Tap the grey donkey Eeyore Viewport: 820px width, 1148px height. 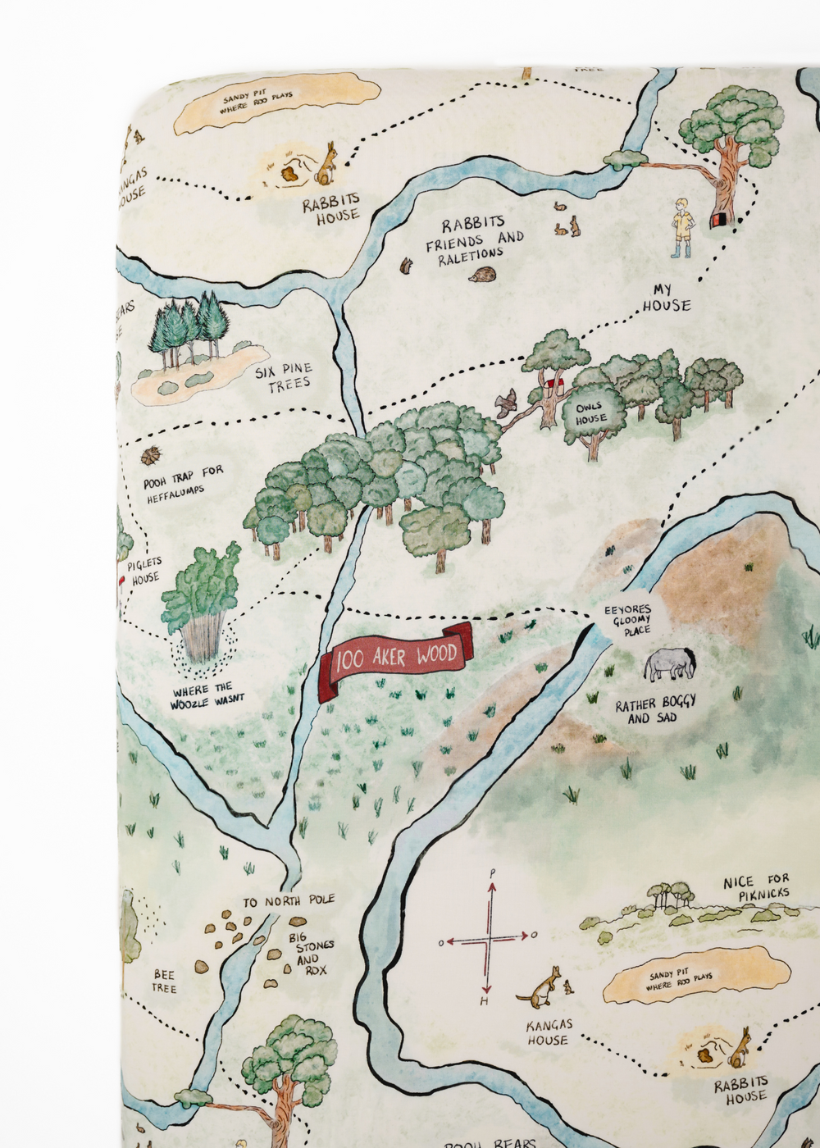pyautogui.click(x=669, y=663)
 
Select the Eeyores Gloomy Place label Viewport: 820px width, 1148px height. pyautogui.click(x=628, y=620)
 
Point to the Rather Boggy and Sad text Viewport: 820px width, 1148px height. pyautogui.click(x=654, y=710)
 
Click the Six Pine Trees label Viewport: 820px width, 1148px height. pyautogui.click(x=284, y=377)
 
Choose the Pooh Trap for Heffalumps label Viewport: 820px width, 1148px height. pyautogui.click(x=182, y=484)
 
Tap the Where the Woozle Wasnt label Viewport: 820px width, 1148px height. pyautogui.click(x=207, y=696)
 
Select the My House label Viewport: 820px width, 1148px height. pyautogui.click(x=665, y=298)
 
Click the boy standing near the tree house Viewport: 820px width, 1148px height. pyautogui.click(x=681, y=227)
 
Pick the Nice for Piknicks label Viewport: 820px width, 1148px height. pyautogui.click(x=756, y=888)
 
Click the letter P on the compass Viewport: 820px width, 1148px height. pyautogui.click(x=492, y=873)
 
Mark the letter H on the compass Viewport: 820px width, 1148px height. pyautogui.click(x=485, y=1002)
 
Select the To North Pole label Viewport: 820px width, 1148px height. pyautogui.click(x=289, y=901)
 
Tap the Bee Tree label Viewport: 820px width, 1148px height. pyautogui.click(x=164, y=982)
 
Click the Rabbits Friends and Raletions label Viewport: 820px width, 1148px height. pyautogui.click(x=474, y=239)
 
